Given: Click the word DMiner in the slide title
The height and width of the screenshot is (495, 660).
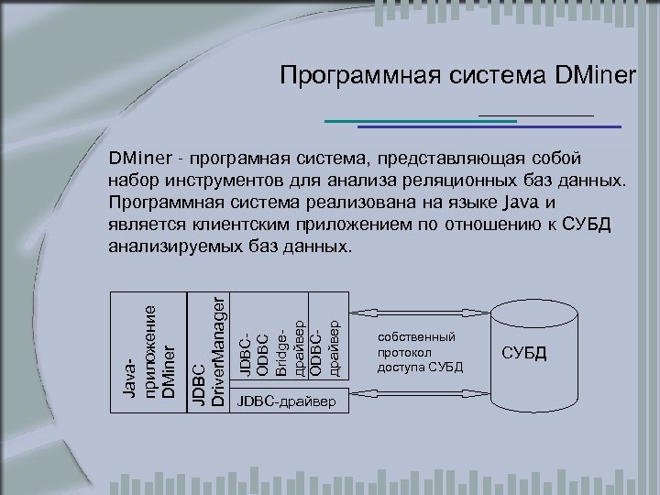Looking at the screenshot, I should tap(595, 76).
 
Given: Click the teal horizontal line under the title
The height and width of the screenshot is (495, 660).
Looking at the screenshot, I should tap(422, 121).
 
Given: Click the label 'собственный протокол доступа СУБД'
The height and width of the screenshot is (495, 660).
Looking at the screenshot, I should tap(421, 353).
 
